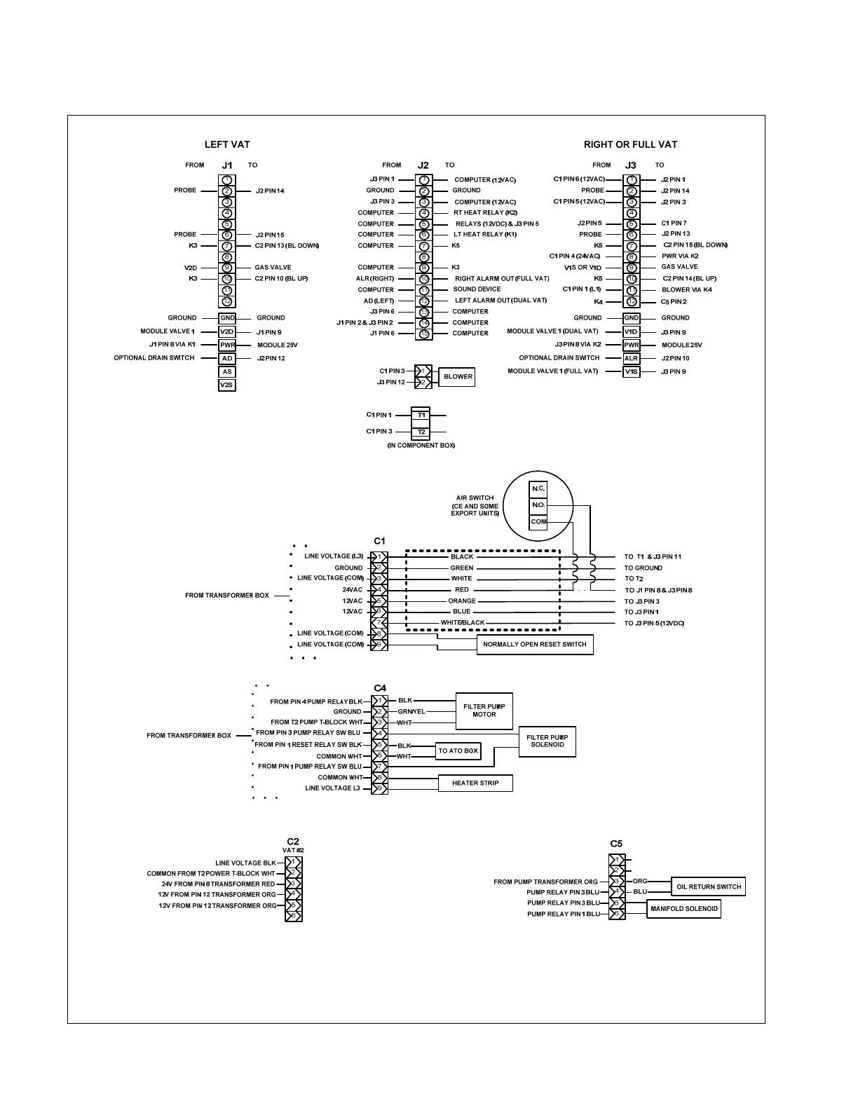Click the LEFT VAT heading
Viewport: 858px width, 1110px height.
click(x=227, y=144)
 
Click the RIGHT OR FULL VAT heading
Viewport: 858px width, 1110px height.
click(x=630, y=144)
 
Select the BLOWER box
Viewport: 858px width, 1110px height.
click(x=458, y=377)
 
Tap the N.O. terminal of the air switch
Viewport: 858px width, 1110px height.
click(x=538, y=505)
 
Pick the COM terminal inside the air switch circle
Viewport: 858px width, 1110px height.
click(x=538, y=521)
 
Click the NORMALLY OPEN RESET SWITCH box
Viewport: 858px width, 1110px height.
click(x=534, y=644)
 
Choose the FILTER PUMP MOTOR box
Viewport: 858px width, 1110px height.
click(x=484, y=711)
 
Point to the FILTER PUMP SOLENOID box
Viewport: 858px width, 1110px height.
click(x=547, y=741)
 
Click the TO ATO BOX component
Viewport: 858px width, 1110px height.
click(x=458, y=751)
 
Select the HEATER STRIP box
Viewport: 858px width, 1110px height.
click(x=475, y=783)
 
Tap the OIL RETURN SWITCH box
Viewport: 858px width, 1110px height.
click(x=708, y=886)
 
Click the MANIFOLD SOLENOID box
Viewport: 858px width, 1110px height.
click(x=683, y=909)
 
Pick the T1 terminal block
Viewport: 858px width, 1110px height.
click(x=421, y=415)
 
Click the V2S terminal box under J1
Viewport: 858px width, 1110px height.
click(x=226, y=385)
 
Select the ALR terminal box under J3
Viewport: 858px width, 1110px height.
click(x=632, y=358)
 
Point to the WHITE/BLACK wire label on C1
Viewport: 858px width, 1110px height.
click(x=463, y=622)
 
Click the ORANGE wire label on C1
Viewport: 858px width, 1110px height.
click(x=462, y=601)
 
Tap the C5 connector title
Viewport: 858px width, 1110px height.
click(x=616, y=844)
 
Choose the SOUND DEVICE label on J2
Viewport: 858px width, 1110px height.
click(x=477, y=289)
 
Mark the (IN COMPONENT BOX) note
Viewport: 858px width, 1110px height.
click(x=421, y=446)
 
